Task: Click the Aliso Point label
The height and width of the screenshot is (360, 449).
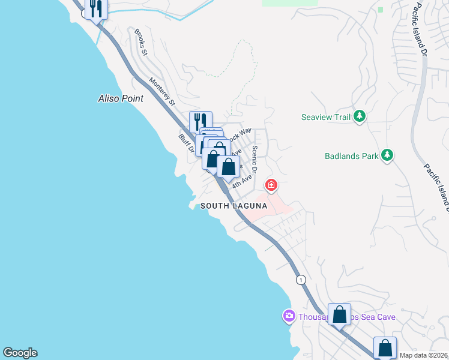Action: [121, 98]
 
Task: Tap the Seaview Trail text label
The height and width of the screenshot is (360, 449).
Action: [325, 117]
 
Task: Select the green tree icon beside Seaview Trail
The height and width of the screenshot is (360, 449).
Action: [360, 116]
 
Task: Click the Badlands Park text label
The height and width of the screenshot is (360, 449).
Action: [351, 156]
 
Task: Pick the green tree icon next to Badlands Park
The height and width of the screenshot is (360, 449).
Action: [387, 155]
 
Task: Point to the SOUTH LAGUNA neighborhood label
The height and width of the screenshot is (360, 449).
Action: [234, 206]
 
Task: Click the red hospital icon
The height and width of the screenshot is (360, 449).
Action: [271, 185]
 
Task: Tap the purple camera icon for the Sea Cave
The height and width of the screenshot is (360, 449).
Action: [289, 316]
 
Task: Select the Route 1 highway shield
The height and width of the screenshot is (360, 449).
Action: [301, 280]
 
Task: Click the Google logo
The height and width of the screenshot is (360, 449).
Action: [20, 353]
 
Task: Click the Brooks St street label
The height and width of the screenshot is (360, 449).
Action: [141, 42]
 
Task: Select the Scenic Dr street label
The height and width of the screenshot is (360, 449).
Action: [255, 159]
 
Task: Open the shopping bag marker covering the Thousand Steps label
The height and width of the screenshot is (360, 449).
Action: [339, 315]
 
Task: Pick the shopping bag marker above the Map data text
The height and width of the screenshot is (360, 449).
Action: [385, 347]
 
